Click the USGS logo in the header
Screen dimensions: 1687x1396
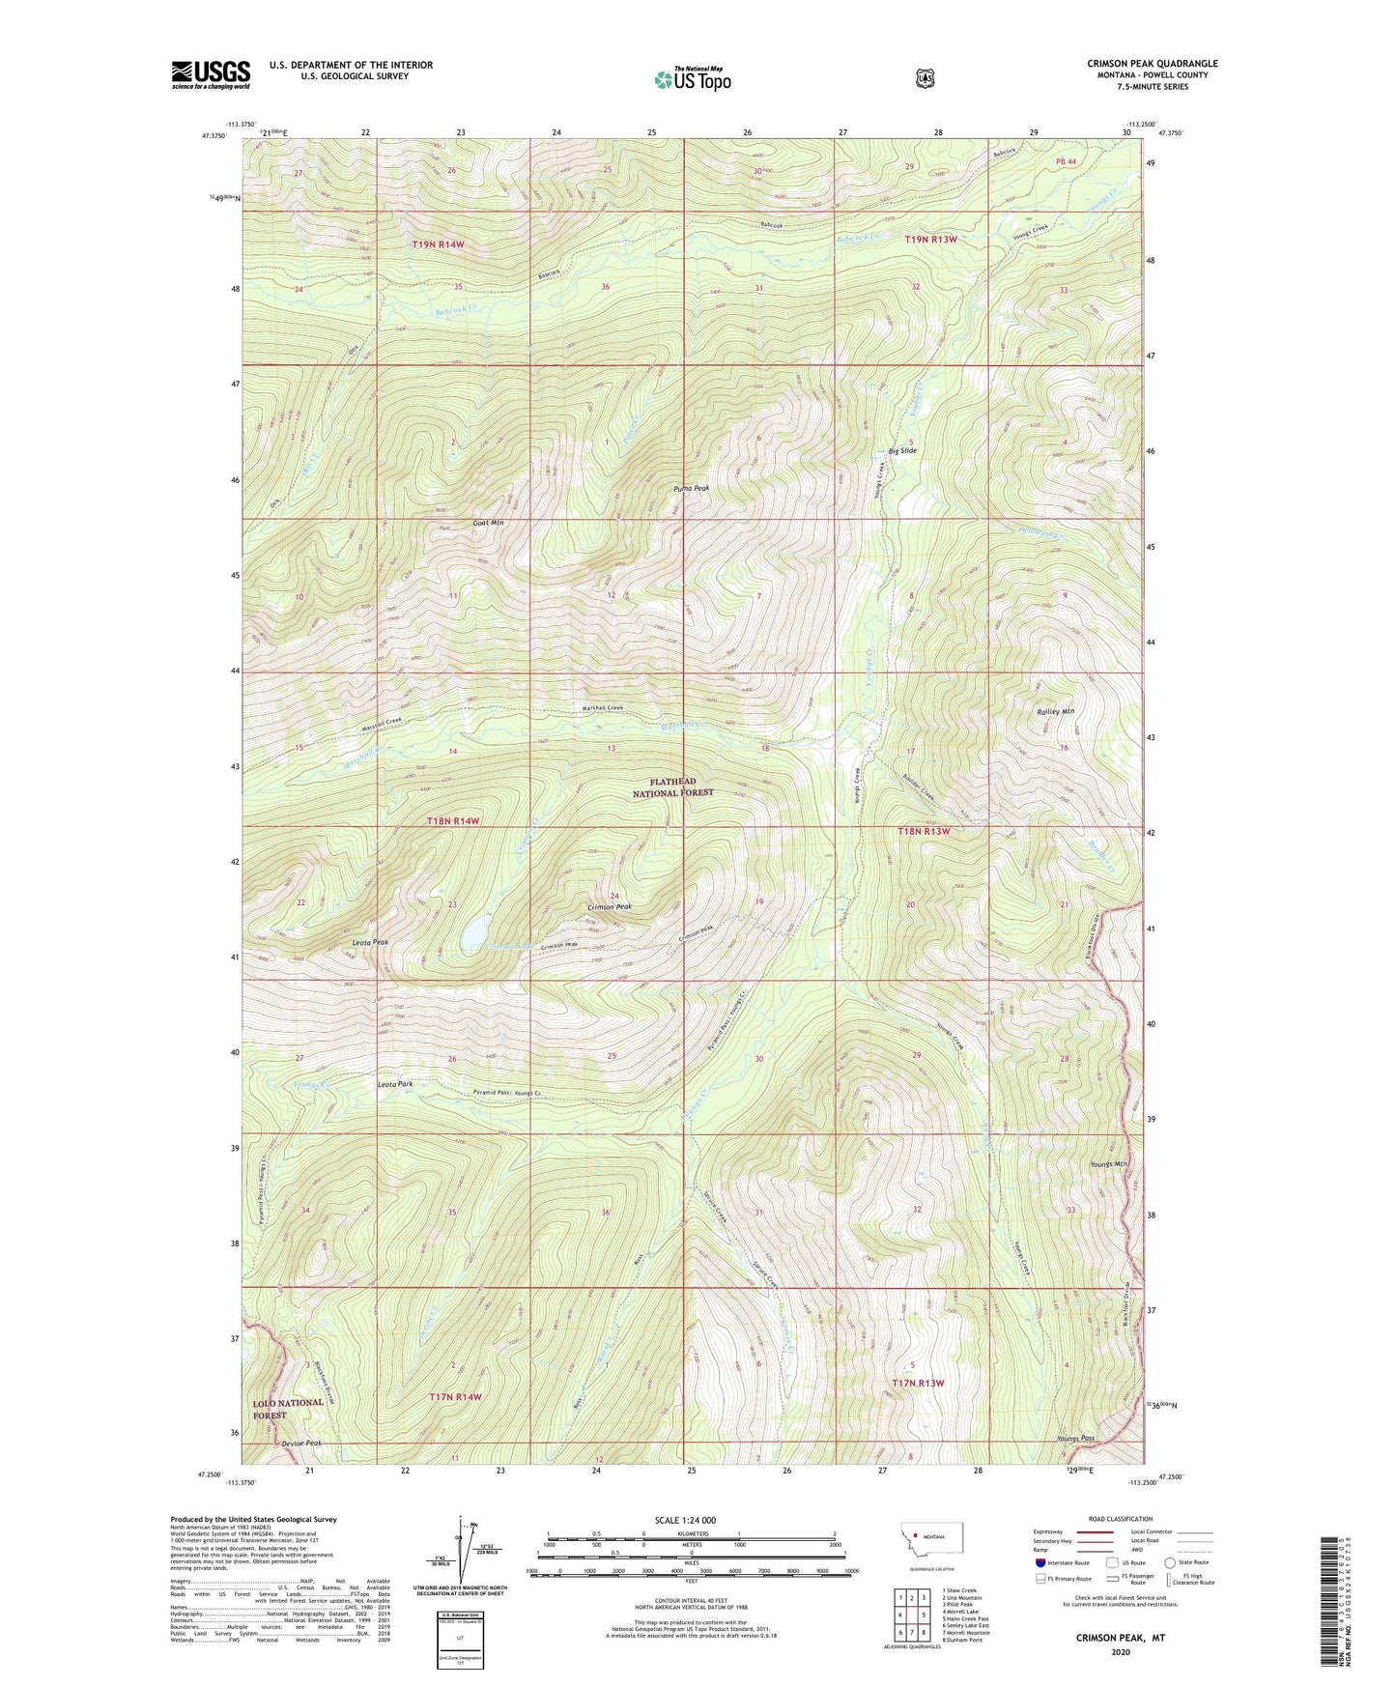pyautogui.click(x=211, y=74)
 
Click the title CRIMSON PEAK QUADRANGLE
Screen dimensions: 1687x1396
pyautogui.click(x=1152, y=64)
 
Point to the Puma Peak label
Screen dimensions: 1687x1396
pyautogui.click(x=691, y=489)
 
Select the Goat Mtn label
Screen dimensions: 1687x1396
pyautogui.click(x=489, y=523)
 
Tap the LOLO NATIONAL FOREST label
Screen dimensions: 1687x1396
pyautogui.click(x=288, y=1409)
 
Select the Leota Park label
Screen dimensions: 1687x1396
pyautogui.click(x=394, y=1084)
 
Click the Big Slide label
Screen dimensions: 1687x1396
pyautogui.click(x=902, y=451)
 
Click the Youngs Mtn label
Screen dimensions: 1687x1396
pyautogui.click(x=1108, y=1164)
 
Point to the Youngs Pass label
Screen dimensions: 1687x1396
pyautogui.click(x=1075, y=1439)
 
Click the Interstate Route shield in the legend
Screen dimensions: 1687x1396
pyautogui.click(x=1040, y=1562)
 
